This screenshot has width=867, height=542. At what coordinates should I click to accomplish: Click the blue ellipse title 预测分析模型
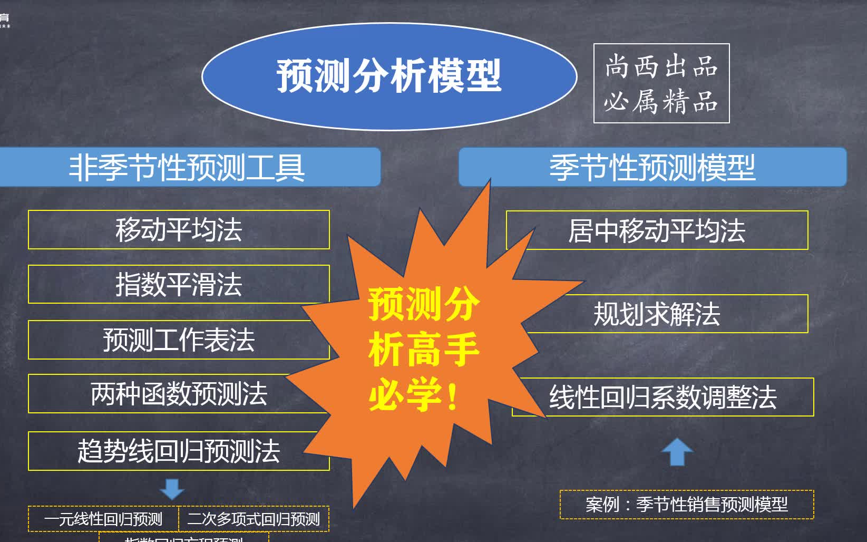point(389,76)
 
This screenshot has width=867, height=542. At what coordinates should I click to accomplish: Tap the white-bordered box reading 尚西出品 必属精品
point(661,83)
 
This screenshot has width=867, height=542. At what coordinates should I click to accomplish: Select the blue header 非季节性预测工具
point(188,167)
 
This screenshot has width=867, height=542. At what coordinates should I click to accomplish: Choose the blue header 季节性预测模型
point(652,167)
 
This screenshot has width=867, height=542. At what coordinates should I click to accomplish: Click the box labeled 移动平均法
point(179,230)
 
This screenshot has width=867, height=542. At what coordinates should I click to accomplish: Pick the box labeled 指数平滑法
point(179,284)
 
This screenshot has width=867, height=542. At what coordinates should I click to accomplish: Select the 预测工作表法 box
point(179,340)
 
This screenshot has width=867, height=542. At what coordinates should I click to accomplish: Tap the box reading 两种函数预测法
point(179,394)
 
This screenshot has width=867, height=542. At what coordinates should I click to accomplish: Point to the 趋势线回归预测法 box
point(179,451)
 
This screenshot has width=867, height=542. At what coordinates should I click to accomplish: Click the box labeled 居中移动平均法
point(657,230)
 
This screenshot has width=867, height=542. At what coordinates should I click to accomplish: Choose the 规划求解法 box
point(657,314)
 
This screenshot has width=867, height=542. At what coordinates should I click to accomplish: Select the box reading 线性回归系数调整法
point(663,397)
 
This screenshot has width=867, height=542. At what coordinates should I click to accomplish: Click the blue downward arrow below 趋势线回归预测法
point(172,489)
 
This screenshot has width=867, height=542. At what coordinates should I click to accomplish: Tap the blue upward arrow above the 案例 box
point(677,452)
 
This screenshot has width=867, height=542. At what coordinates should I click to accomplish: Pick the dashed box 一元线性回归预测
point(103,519)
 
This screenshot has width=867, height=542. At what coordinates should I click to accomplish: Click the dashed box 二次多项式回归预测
point(254,519)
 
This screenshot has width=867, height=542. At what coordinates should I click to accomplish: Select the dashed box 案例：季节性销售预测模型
point(686,505)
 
